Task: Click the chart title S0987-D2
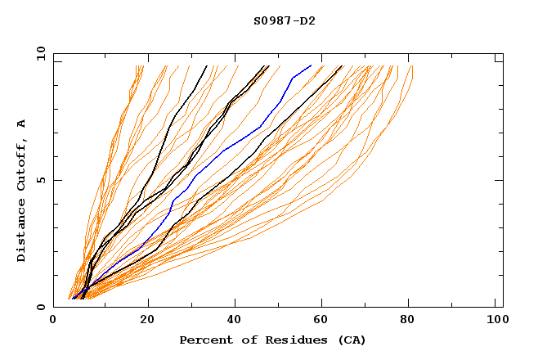(284, 20)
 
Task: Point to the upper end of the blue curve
(311, 65)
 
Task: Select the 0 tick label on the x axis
(53, 320)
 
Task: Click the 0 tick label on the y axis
(40, 307)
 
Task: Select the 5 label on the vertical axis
(40, 180)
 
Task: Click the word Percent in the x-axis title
(203, 340)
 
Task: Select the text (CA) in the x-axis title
(349, 340)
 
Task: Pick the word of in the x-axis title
(242, 340)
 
